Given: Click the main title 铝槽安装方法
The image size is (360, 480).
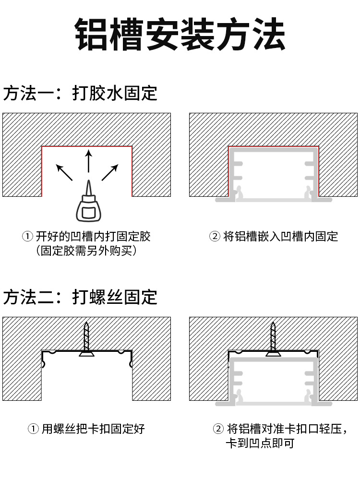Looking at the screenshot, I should click(x=180, y=35).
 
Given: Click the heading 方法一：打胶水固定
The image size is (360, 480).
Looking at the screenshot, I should click(x=80, y=93).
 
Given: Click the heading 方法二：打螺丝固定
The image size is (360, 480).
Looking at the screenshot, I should click(x=80, y=297).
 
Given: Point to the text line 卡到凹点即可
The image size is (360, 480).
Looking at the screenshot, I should click(x=260, y=443).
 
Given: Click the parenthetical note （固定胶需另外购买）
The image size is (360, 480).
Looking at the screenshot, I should click(x=86, y=251).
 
